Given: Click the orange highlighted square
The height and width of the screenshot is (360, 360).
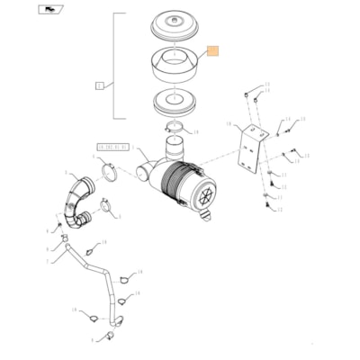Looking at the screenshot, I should pos(212,52).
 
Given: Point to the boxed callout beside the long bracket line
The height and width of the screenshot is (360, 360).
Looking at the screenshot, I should pos(99,85).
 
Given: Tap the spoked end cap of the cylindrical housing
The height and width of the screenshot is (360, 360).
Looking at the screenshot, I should pos(206,191).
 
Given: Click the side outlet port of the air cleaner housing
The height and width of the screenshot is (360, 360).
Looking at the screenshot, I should pos(148,171).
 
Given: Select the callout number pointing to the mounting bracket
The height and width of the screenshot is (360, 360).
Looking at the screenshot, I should pos(229,125).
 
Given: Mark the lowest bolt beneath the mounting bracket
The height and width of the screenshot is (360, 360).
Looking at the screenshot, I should pos(269,208).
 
